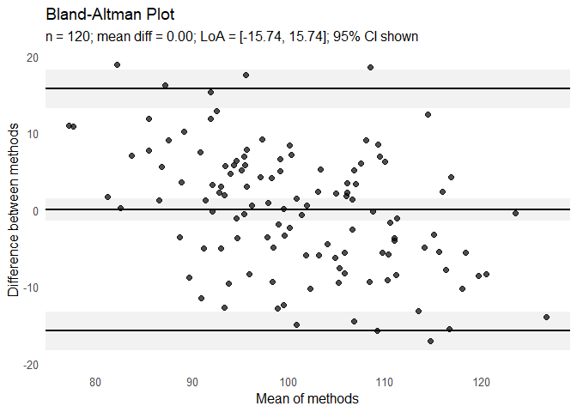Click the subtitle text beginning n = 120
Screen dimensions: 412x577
(x=232, y=37)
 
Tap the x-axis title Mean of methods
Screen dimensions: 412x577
(x=307, y=399)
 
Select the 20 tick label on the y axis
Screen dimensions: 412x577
(x=32, y=58)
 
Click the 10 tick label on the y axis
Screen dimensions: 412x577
(x=32, y=134)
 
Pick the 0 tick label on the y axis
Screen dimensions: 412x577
(x=35, y=211)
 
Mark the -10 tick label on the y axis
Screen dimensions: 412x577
(x=30, y=288)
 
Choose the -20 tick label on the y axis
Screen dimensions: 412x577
(x=30, y=365)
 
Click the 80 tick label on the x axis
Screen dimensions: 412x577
(x=95, y=382)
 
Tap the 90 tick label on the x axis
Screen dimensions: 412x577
(x=192, y=382)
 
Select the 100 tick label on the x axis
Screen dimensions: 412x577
(x=288, y=382)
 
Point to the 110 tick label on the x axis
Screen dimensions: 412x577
(x=385, y=382)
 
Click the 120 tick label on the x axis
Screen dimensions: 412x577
(x=482, y=382)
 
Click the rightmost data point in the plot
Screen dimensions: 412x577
(x=546, y=317)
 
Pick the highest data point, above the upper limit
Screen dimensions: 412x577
(x=117, y=64)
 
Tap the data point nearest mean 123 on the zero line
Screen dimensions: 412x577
(x=515, y=213)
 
